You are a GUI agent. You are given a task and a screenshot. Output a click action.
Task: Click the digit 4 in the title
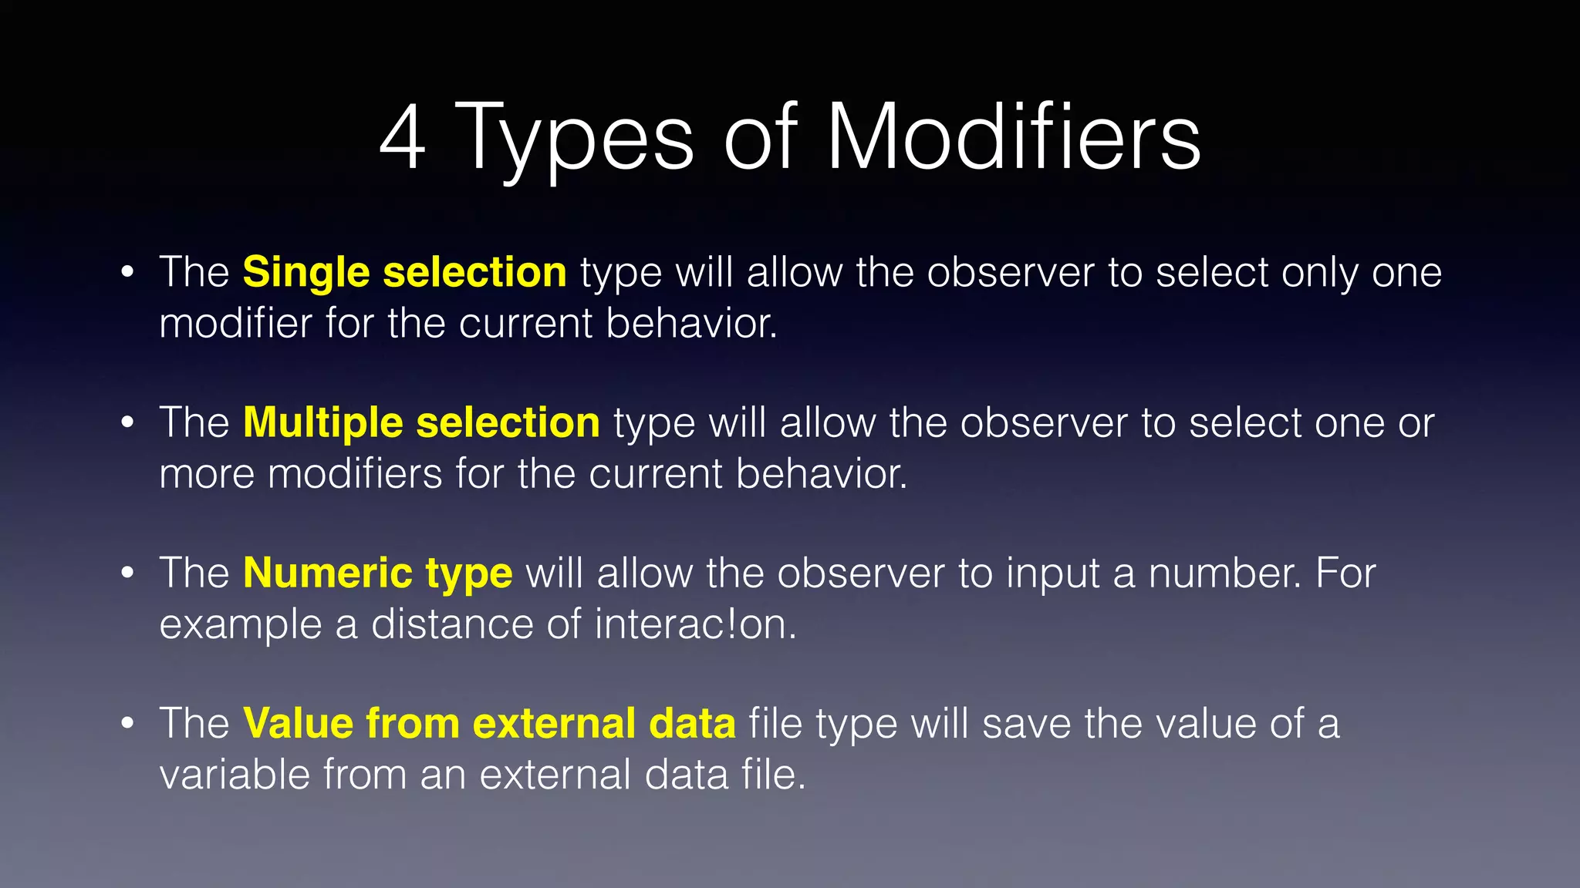click(x=403, y=139)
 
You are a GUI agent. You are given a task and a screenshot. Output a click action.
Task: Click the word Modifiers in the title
click(x=1013, y=139)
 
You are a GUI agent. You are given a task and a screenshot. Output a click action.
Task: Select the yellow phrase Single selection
click(x=404, y=273)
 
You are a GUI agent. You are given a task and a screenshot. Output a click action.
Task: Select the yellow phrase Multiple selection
click(x=421, y=423)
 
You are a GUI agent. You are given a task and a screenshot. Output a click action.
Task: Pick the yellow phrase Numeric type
click(x=377, y=573)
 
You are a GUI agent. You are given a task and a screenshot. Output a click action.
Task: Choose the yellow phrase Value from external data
click(x=489, y=724)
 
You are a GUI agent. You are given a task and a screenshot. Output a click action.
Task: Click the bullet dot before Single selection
click(x=128, y=273)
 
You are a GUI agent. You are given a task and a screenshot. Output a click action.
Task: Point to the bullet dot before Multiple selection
click(x=128, y=423)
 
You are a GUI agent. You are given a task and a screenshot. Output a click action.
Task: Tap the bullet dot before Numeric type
click(x=128, y=573)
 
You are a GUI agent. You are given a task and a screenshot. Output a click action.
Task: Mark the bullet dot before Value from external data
click(x=128, y=724)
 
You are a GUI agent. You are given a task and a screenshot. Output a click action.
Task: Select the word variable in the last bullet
click(x=234, y=774)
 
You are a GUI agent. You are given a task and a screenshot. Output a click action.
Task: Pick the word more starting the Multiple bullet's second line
click(x=207, y=474)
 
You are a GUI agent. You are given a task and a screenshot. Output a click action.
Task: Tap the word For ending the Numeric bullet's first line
click(x=1345, y=573)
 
